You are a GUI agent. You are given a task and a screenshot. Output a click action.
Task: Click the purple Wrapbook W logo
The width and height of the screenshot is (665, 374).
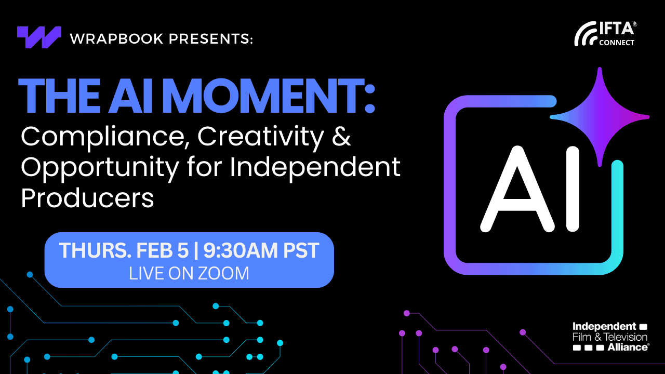tap(39, 37)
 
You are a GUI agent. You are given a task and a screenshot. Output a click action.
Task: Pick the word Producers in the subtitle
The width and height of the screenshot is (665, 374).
tap(87, 198)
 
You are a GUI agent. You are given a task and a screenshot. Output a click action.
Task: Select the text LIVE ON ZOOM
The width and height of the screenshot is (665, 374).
tap(189, 273)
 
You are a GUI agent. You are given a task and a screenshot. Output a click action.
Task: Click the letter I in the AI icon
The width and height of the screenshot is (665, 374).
tap(572, 190)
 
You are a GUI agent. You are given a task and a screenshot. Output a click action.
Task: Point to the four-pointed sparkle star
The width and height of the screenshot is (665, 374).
tap(600, 117)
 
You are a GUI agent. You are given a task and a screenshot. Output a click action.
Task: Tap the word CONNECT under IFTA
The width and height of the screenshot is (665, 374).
tap(617, 43)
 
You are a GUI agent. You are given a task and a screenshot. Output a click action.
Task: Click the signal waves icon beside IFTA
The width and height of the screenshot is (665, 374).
tap(586, 35)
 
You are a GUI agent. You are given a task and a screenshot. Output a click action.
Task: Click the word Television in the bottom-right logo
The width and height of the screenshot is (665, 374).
tap(626, 337)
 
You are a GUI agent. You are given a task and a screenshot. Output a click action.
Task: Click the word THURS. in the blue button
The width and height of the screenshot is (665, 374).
tap(94, 251)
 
